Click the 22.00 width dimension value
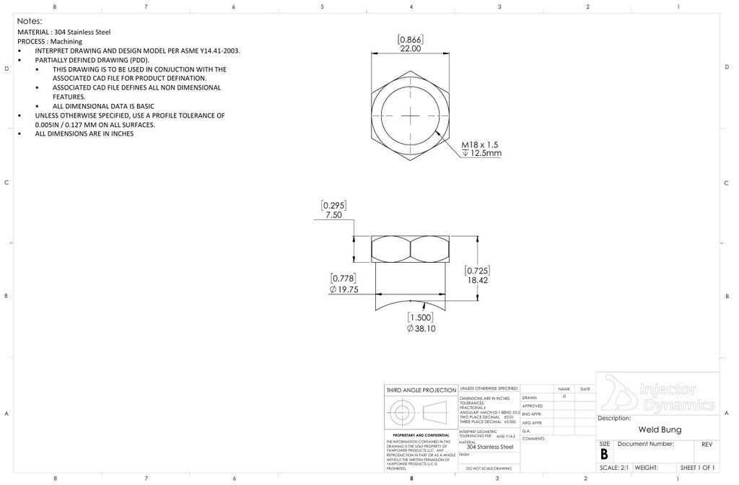click(x=410, y=48)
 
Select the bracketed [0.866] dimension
click(x=410, y=39)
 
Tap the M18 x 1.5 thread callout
click(x=481, y=144)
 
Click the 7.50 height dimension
click(x=333, y=215)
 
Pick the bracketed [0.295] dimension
click(x=333, y=206)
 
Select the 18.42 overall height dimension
click(x=477, y=280)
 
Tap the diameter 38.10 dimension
click(x=421, y=328)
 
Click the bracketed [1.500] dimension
click(x=421, y=318)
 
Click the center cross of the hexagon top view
click(x=410, y=115)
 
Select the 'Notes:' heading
click(x=30, y=21)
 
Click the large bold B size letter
click(x=604, y=454)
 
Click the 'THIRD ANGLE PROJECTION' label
click(x=421, y=390)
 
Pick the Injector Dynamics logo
click(x=657, y=394)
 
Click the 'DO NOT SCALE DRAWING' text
click(x=489, y=468)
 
